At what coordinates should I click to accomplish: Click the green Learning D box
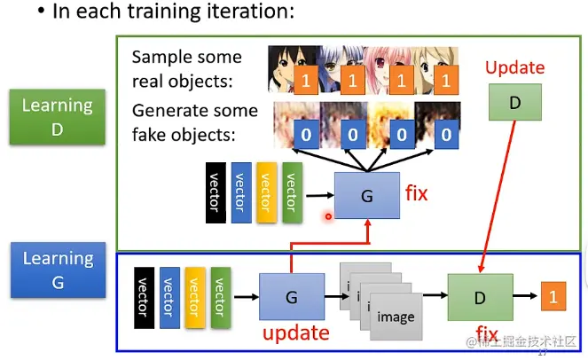58,117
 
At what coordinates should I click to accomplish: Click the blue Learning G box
58,270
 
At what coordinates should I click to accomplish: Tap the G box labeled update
291,298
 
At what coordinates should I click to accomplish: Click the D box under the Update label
514,103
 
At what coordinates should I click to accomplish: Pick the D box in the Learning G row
480,297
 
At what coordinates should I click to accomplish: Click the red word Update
514,67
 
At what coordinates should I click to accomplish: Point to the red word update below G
295,333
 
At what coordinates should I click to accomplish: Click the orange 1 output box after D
554,298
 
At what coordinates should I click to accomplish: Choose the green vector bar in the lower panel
221,297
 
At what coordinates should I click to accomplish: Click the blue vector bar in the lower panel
170,297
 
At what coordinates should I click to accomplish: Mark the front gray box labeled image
396,317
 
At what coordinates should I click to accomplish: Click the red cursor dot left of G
329,215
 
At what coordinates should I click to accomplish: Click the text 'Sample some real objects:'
187,67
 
